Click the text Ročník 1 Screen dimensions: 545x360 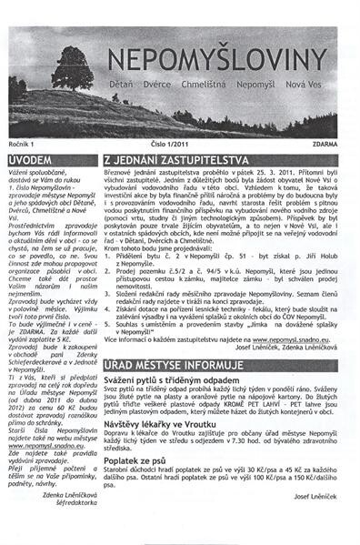(23, 144)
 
